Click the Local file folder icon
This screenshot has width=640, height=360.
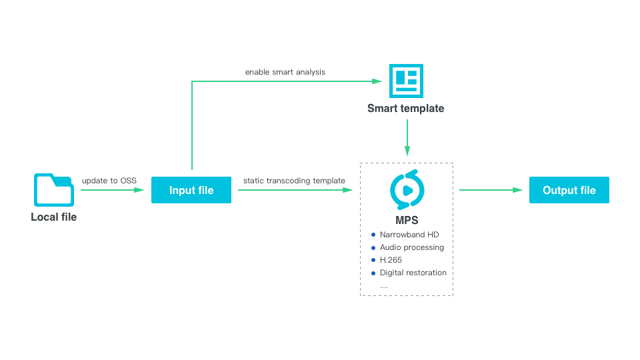click(53, 190)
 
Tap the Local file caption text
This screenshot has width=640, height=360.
click(53, 217)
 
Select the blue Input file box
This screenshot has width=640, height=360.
click(191, 190)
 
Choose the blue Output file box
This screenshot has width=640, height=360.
click(569, 190)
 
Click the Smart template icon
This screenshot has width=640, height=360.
click(406, 81)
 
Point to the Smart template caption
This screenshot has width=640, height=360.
click(405, 108)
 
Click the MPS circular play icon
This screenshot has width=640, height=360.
click(407, 189)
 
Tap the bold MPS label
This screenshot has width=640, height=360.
click(407, 221)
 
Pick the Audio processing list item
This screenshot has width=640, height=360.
click(411, 247)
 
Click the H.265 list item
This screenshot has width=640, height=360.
click(391, 260)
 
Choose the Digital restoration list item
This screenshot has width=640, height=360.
click(413, 273)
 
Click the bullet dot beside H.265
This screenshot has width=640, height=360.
click(373, 260)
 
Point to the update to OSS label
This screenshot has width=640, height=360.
click(109, 181)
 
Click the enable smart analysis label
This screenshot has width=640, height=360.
click(285, 71)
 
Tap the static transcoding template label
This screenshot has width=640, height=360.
click(294, 181)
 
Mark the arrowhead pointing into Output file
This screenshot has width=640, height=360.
click(517, 190)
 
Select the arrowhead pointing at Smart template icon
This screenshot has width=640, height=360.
click(377, 81)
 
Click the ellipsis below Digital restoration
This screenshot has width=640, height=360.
click(383, 285)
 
